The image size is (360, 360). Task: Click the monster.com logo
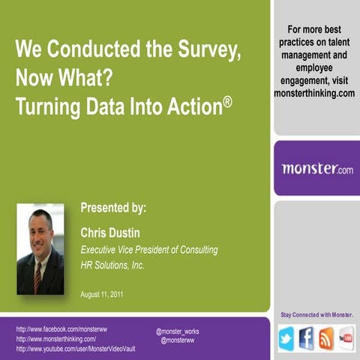pyautogui.click(x=316, y=168)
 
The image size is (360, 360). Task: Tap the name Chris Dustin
pyautogui.click(x=110, y=233)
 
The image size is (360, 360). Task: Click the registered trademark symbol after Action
pyautogui.click(x=226, y=100)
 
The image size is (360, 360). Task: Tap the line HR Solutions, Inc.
pyautogui.click(x=112, y=264)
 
